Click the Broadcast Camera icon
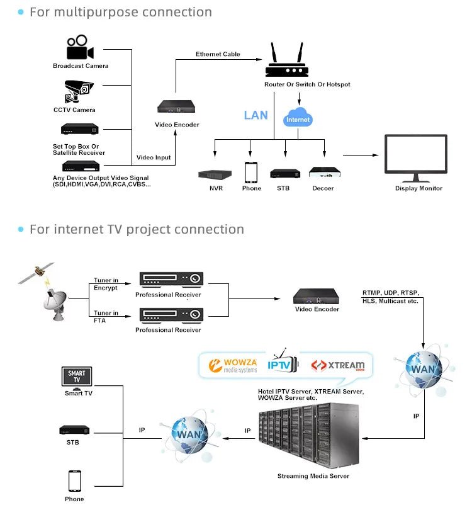[x=80, y=48]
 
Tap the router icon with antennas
[x=285, y=62]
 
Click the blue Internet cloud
[x=298, y=118]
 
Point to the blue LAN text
[x=256, y=115]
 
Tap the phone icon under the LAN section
[x=251, y=172]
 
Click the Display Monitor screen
[x=415, y=154]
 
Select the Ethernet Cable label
[x=218, y=54]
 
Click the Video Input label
[x=154, y=157]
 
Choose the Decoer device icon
[x=324, y=173]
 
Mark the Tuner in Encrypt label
[x=105, y=284]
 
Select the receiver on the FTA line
[x=171, y=314]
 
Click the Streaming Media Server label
[x=313, y=476]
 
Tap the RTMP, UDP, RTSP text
[x=390, y=293]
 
